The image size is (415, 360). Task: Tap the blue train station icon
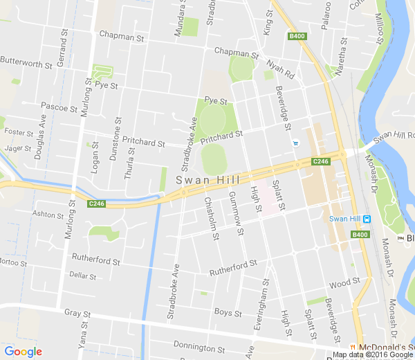click(367, 219)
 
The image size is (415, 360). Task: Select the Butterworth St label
click(26, 64)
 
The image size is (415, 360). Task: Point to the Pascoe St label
click(59, 107)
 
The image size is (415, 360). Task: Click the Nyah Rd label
click(281, 70)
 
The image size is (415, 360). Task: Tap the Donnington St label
click(199, 346)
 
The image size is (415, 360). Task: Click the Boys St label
click(223, 313)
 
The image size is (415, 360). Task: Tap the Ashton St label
click(48, 215)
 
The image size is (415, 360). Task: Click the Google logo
click(23, 351)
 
